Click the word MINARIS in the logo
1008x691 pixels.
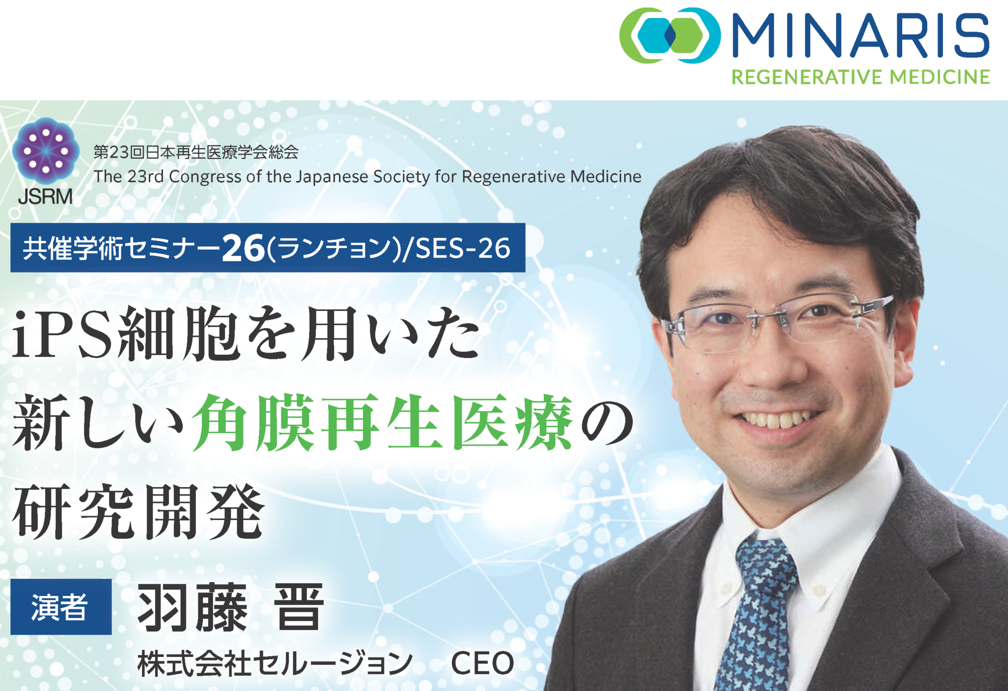[860, 35]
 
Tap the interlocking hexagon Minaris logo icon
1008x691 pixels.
[670, 35]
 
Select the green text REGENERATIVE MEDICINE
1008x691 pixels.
[860, 77]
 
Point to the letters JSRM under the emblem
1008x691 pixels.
[45, 197]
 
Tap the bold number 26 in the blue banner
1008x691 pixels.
[243, 248]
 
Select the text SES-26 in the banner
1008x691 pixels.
[463, 248]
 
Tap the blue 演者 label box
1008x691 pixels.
[61, 606]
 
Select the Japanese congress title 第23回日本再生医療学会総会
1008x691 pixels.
[196, 152]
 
